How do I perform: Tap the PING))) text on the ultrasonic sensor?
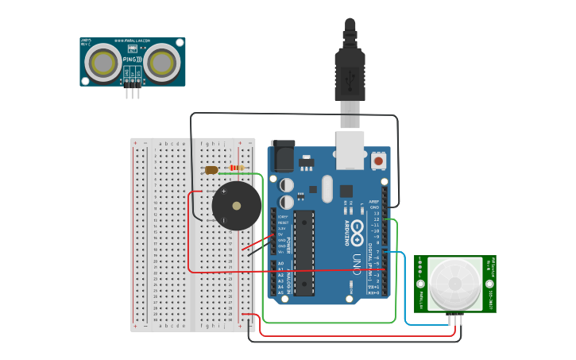tap(133, 59)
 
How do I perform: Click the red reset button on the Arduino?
tap(378, 161)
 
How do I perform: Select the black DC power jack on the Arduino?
tap(283, 156)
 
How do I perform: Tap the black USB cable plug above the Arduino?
tap(350, 68)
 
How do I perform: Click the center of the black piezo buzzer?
tap(236, 206)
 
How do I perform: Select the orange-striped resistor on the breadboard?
tap(236, 168)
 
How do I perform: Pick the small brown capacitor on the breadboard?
tap(211, 169)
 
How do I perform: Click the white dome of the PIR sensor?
tap(454, 285)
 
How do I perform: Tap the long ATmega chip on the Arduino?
tap(304, 253)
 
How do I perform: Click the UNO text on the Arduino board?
tap(356, 263)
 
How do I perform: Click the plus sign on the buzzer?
tap(223, 192)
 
